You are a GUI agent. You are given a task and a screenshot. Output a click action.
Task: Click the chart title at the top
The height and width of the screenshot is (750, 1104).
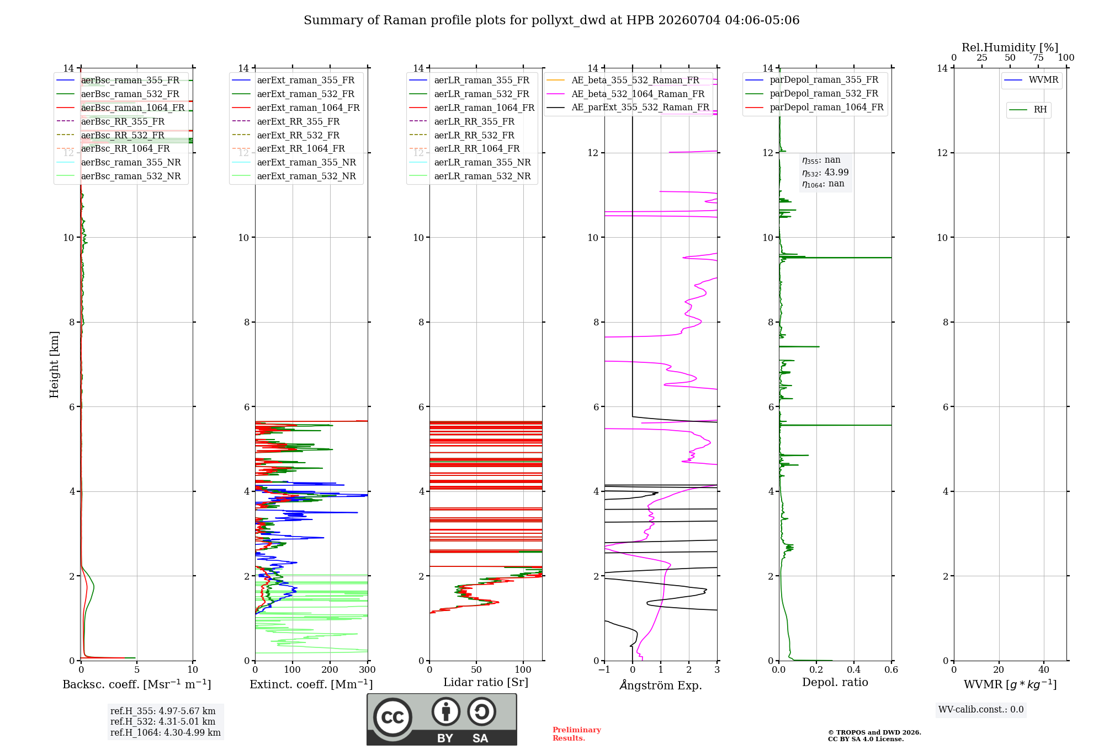[x=551, y=20]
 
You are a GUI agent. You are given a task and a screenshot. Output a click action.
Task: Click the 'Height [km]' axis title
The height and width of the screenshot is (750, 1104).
[x=54, y=365]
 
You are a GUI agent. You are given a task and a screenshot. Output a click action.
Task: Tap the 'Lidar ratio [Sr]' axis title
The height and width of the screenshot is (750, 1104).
[x=486, y=682]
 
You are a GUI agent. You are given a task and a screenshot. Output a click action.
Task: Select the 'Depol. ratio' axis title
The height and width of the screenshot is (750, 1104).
[x=835, y=682]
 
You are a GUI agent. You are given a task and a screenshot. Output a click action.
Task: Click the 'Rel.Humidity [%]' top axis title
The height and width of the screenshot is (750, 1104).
[x=1010, y=47]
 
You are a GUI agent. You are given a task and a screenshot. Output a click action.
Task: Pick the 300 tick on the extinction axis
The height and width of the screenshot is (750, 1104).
[x=368, y=670]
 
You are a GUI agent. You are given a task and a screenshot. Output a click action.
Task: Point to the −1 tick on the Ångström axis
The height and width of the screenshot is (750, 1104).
[x=604, y=670]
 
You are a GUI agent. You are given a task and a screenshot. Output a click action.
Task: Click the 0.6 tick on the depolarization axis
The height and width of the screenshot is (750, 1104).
[x=891, y=670]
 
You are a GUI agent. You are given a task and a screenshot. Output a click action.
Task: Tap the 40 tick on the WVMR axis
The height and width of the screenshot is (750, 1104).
[x=1044, y=670]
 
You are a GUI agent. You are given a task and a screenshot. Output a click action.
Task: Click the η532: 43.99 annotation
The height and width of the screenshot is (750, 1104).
[x=825, y=173]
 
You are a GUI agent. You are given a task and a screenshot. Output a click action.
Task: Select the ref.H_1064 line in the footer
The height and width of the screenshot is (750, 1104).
[x=166, y=733]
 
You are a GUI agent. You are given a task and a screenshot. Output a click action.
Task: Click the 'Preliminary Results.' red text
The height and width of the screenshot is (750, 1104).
[x=577, y=734]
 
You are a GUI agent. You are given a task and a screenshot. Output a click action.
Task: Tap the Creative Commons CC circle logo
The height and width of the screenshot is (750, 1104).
[x=392, y=717]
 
